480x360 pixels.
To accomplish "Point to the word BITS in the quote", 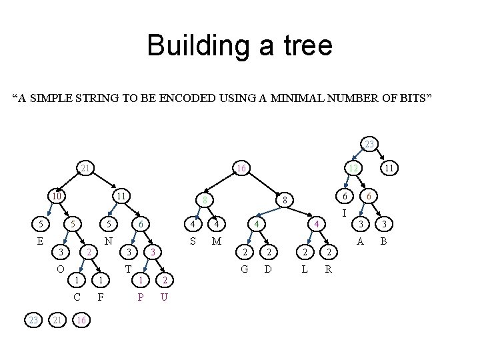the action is click(417, 100).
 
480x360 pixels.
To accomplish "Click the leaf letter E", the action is click(40, 241).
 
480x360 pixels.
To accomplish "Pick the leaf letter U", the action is click(164, 297).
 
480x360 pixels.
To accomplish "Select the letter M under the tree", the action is click(216, 241).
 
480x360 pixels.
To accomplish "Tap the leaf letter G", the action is click(245, 269).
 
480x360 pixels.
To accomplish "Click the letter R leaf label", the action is click(328, 269).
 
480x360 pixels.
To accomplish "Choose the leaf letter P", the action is click(140, 297).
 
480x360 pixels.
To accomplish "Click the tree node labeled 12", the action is click(353, 169).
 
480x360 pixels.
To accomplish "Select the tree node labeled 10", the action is click(58, 197).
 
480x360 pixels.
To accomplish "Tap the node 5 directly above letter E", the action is click(40, 224).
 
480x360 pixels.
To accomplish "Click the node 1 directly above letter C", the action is click(77, 280).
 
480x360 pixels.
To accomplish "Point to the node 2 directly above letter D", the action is click(268, 252).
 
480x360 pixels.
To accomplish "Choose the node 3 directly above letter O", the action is click(60, 252).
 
